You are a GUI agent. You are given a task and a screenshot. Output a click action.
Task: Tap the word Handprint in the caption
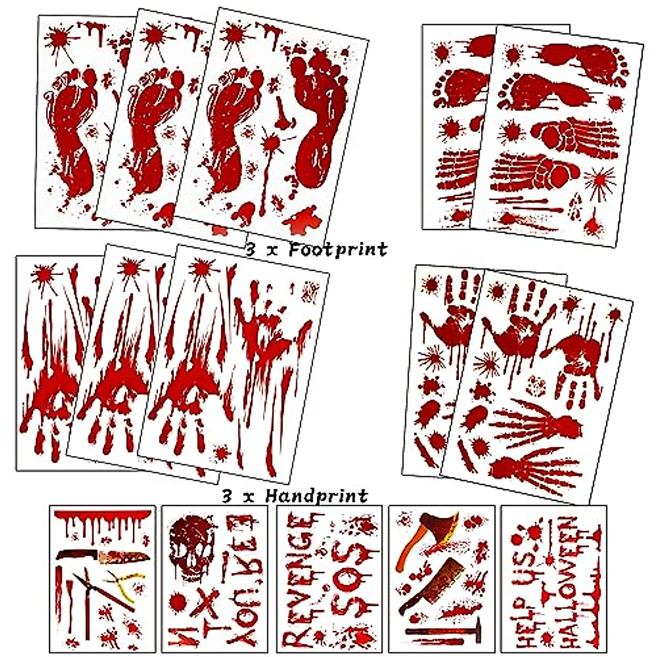316,496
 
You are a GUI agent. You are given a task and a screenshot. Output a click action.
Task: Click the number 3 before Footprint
251,250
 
